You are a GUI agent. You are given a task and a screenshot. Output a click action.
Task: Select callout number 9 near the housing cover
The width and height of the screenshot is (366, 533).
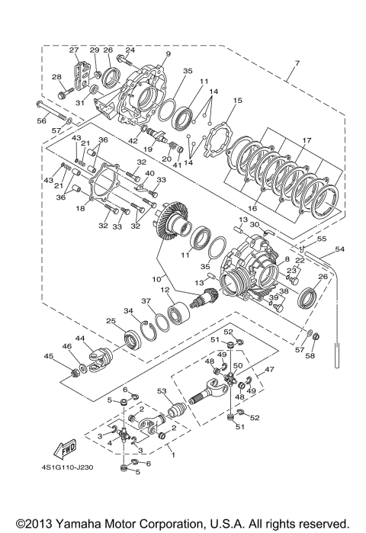168,55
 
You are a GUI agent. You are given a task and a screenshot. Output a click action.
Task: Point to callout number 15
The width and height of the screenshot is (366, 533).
237,100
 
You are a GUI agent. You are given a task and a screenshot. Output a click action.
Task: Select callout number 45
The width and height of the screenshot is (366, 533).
49,355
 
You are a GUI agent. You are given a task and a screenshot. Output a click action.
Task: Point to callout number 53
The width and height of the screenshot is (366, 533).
161,391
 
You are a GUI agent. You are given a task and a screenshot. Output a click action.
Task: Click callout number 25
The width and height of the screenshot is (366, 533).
110,321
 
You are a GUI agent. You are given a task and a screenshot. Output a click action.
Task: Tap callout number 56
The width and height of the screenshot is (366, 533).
41,120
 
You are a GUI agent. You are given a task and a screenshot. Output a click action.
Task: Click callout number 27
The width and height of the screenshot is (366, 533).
75,50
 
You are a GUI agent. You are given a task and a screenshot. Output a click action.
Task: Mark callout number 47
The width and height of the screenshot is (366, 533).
268,368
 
